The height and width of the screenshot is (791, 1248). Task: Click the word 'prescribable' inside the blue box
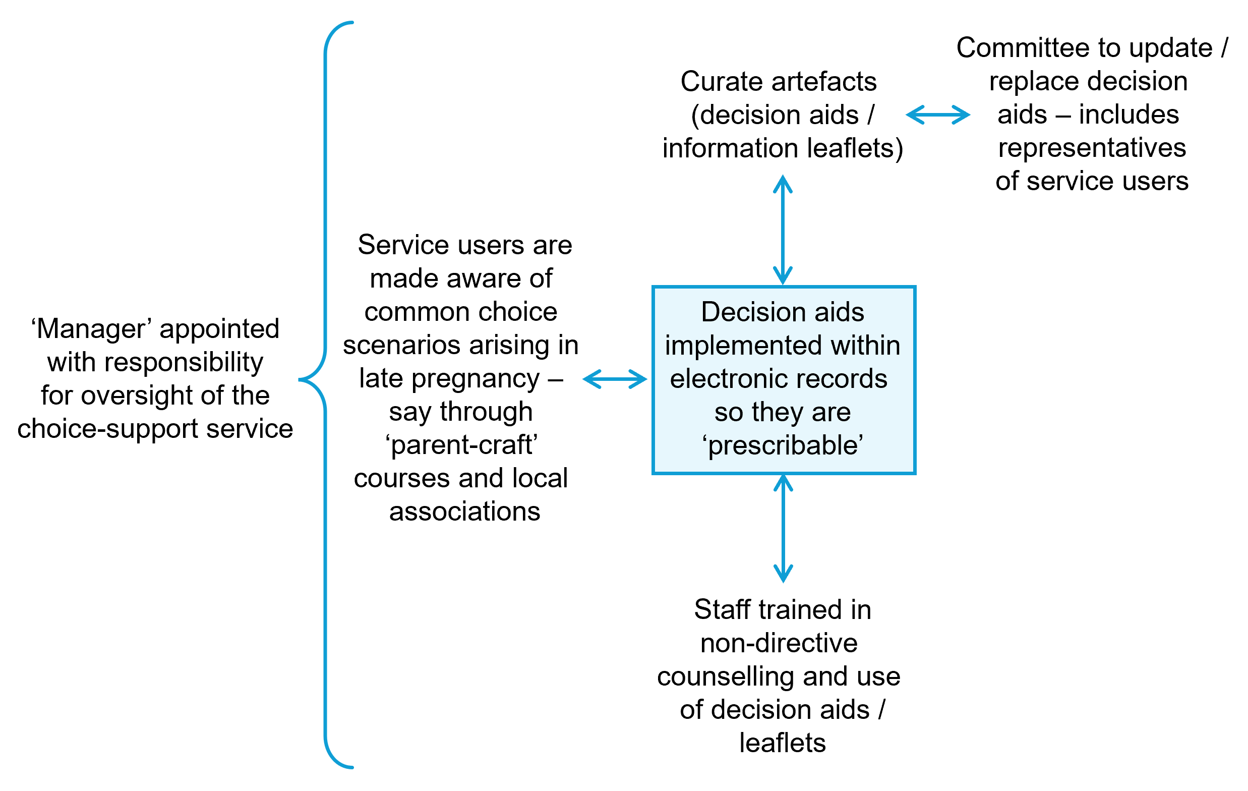coord(783,446)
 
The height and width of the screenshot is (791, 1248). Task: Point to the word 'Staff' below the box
coord(723,609)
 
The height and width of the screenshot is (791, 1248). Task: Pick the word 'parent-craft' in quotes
coord(461,445)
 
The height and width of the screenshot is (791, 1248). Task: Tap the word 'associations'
coord(464,512)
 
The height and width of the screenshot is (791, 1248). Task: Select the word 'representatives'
coord(1092,148)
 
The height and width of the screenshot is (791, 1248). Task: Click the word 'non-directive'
coord(779,643)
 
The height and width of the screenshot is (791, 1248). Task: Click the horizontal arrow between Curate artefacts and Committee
coord(937,115)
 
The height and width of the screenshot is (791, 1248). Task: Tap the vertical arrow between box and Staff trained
coord(783,528)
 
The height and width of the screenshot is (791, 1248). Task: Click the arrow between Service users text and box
coord(615,379)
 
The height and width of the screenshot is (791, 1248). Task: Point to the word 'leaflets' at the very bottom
coord(782,743)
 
